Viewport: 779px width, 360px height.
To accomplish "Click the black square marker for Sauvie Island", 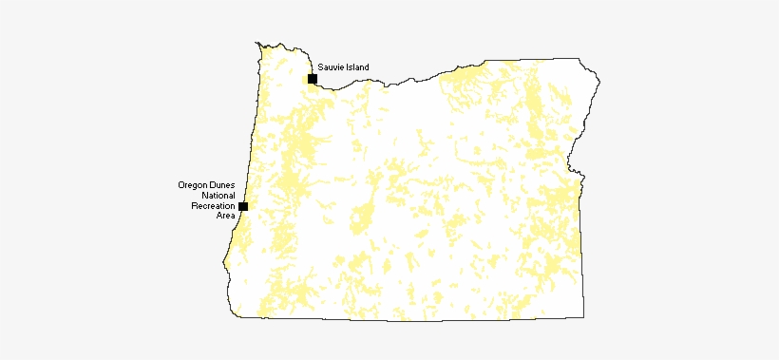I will [312, 79].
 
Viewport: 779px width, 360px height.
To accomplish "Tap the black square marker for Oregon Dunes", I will [243, 206].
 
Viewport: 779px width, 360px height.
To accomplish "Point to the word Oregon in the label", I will [193, 184].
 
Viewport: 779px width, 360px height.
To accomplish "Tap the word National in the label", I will [218, 195].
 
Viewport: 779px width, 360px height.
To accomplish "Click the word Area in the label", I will [225, 216].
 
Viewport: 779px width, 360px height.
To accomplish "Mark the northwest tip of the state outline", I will [256, 42].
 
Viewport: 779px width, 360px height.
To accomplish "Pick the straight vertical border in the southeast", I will [580, 256].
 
